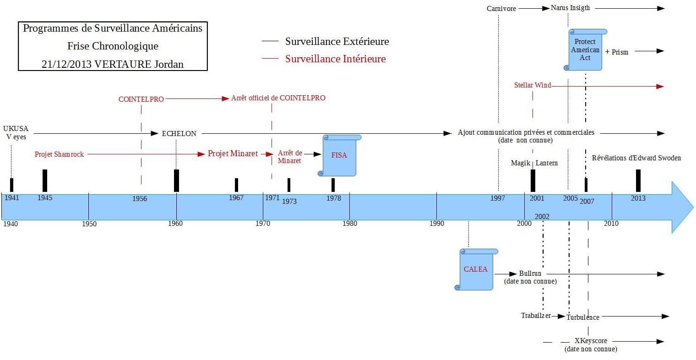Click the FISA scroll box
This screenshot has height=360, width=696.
coord(339,155)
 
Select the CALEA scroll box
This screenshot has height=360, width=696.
coord(476,269)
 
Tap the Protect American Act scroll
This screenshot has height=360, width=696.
coord(585,49)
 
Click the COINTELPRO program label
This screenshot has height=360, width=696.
coord(141,99)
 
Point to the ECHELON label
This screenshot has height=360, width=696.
coord(179,134)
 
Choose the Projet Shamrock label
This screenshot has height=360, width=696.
coord(59,154)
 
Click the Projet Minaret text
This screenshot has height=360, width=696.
coord(233,153)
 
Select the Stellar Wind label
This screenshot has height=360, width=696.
coord(532,85)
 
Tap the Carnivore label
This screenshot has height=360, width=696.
coord(501,9)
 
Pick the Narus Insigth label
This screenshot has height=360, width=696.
coord(570,8)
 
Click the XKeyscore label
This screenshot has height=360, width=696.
coord(591,341)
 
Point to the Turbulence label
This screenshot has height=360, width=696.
coord(582,317)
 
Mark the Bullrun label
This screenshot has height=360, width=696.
coord(530,273)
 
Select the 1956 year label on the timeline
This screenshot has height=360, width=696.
coord(140,198)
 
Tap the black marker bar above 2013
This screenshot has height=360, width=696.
coord(638,180)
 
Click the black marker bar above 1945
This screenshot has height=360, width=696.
coord(45,180)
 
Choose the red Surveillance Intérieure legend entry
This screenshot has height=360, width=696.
coord(335,59)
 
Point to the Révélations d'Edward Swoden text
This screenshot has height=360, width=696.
coord(636,158)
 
